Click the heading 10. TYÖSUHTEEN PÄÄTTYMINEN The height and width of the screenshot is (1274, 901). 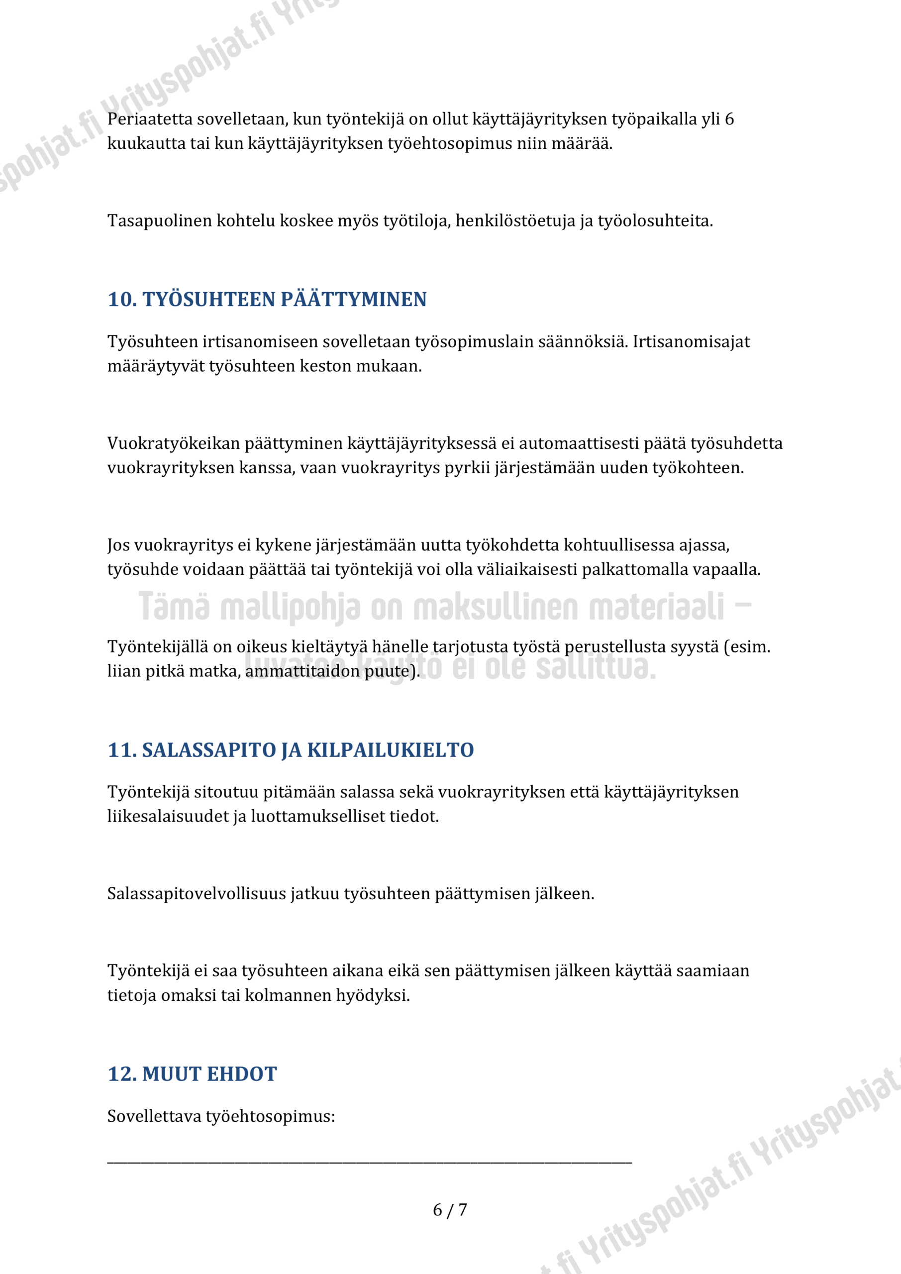click(267, 300)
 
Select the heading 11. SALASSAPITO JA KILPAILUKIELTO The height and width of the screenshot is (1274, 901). click(291, 750)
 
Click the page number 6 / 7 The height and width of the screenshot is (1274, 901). click(450, 1210)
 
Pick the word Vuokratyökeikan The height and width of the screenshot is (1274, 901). click(174, 443)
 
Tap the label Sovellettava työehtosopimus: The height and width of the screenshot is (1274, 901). click(221, 1116)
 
